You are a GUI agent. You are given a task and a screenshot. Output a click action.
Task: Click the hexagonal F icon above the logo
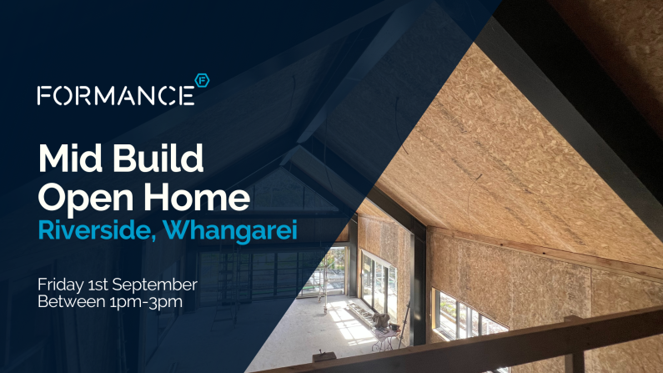pos(202,80)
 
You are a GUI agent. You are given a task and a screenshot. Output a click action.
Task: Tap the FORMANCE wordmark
pos(116,96)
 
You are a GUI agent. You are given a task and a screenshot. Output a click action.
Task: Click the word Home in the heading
pos(197,197)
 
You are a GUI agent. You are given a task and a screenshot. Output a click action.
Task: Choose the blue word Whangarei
pos(230,231)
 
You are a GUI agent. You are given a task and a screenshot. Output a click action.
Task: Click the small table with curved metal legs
pos(384,338)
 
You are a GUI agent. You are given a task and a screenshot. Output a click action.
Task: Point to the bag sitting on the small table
pos(380,320)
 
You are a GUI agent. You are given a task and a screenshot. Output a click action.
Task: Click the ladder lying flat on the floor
pos(359,313)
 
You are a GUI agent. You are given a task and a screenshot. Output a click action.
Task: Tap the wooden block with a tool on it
pos(324,355)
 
